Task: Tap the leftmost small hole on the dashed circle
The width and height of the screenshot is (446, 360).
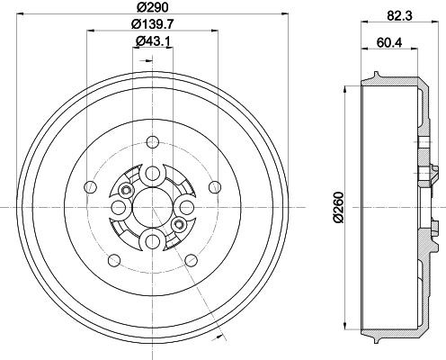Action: (x=88, y=186)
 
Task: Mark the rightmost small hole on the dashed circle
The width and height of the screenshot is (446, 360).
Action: (x=214, y=186)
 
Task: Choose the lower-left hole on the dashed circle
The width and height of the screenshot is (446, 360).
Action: (x=111, y=259)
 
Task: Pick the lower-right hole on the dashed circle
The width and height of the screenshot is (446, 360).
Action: (x=191, y=259)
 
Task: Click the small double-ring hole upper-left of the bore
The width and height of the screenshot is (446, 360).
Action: (x=124, y=189)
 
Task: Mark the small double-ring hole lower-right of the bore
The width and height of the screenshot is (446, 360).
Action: (x=179, y=223)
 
